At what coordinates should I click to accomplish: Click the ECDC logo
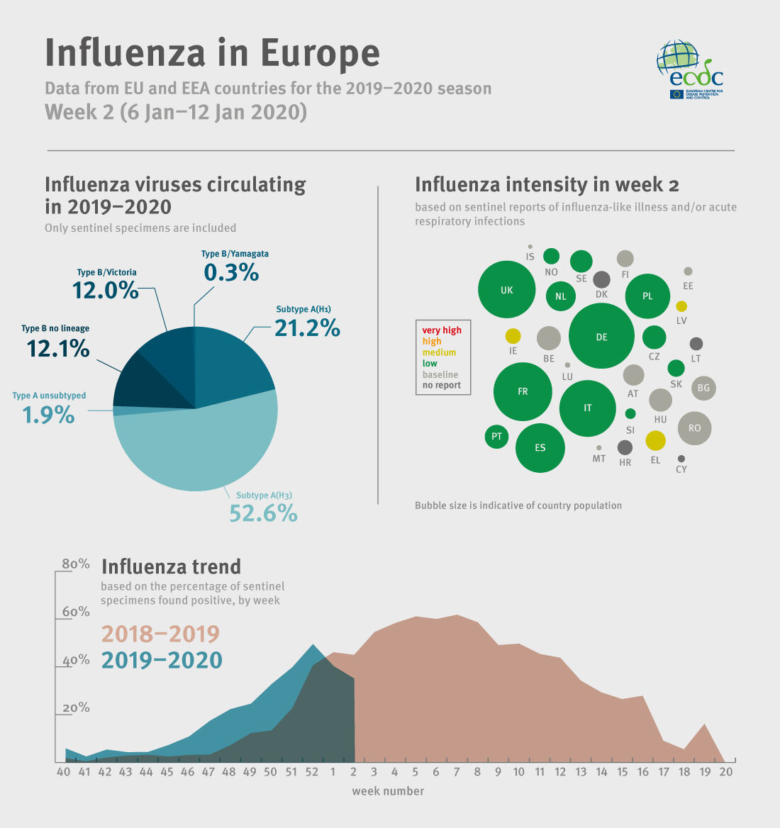coord(690,69)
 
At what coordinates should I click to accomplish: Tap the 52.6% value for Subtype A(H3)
coord(263,513)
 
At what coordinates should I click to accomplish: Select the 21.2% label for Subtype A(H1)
coord(307,328)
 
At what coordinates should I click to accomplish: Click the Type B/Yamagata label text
coord(235,254)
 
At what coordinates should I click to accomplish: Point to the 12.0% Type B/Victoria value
coord(105,289)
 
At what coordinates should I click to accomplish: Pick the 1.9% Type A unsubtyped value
coord(48,414)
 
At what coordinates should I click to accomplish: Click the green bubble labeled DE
coord(601,336)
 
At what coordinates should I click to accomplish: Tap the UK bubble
coord(506,290)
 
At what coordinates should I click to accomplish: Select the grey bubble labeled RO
coord(694,427)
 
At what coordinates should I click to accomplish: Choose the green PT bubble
coord(496,436)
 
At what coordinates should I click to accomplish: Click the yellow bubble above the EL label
coord(656,440)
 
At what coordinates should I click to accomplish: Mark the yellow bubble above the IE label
coord(513,336)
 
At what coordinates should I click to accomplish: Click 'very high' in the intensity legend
coord(442,330)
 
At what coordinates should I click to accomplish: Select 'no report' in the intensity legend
coord(442,386)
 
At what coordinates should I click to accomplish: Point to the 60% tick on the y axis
coord(76,611)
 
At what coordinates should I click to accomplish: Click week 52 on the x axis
coord(311,771)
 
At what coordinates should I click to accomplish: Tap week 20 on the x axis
coord(725,771)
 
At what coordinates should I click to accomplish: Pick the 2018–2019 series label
coord(161,633)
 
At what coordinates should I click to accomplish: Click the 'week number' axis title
coord(388,790)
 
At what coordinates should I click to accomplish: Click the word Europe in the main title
coord(321,54)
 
